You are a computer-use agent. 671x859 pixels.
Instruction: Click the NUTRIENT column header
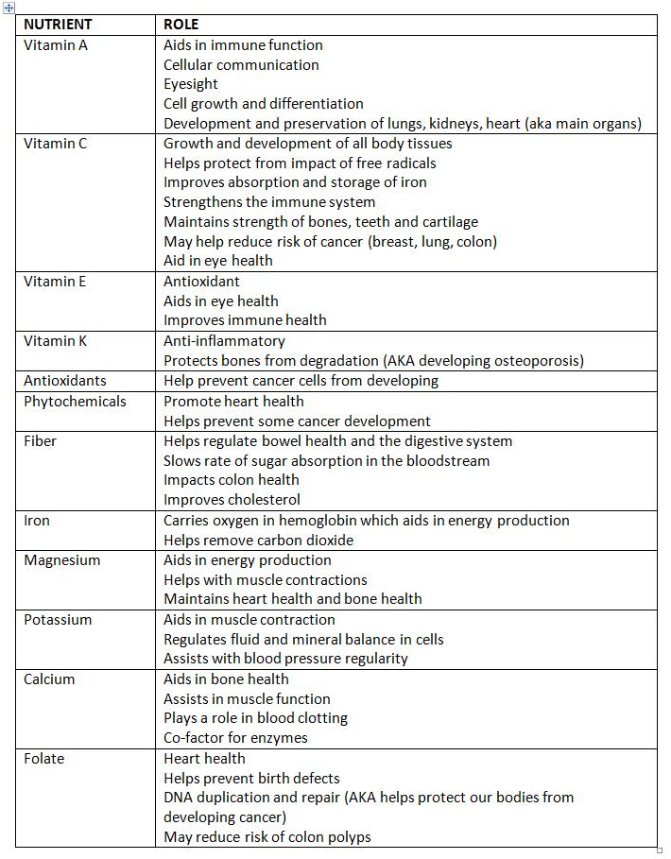(58, 25)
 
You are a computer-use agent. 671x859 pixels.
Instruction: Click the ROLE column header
(181, 25)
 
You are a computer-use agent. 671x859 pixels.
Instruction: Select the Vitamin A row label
(55, 44)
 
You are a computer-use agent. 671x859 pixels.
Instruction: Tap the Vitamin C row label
(55, 144)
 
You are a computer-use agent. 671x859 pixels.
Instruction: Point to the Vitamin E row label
(55, 281)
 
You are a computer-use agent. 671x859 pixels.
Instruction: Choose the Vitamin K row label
(55, 340)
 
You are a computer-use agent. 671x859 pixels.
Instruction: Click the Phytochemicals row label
(75, 401)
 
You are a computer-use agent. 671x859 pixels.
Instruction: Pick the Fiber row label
(41, 440)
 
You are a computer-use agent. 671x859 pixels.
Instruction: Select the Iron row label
(37, 520)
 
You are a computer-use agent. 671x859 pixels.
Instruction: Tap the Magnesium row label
(61, 559)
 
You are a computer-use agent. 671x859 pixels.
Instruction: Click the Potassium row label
(58, 620)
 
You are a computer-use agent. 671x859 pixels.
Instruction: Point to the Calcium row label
(49, 679)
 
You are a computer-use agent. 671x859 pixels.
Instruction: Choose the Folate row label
(43, 758)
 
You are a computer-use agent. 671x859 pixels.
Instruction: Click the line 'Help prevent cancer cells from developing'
(301, 381)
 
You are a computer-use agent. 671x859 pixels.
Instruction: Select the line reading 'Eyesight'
(191, 84)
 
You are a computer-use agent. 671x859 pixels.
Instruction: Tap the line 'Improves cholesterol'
(232, 500)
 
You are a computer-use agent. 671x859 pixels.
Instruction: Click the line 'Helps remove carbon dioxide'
(258, 540)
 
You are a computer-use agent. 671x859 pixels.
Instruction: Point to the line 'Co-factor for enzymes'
(235, 737)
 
